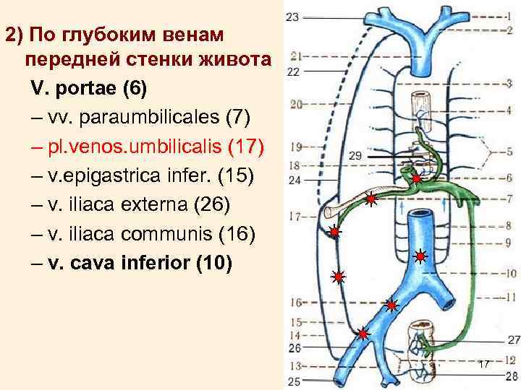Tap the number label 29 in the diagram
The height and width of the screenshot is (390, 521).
355,155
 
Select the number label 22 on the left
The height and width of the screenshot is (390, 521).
293,71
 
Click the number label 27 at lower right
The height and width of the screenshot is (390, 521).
513,339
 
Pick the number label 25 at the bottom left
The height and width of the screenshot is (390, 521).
295,380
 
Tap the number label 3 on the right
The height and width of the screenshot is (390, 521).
509,84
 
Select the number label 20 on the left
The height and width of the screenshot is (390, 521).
295,105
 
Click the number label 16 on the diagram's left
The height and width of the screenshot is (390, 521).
295,302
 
